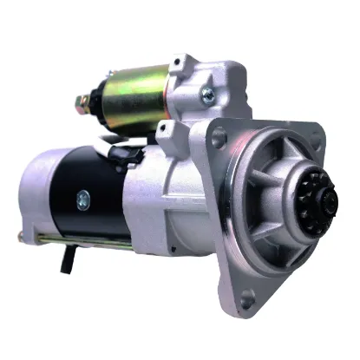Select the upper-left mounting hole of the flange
click(218, 136)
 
